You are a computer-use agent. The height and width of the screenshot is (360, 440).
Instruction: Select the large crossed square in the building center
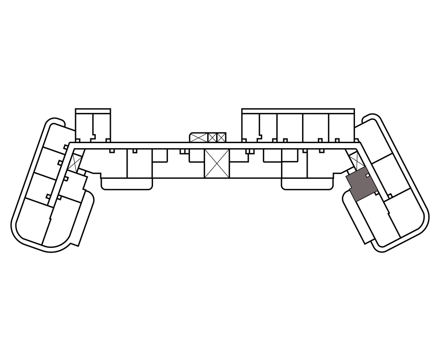[x=217, y=164]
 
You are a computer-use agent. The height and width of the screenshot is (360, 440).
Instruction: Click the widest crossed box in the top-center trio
[x=198, y=137]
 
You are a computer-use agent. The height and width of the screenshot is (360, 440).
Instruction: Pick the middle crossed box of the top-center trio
[x=212, y=137]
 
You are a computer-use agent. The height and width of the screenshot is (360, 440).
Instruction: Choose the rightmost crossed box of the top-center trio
[x=221, y=137]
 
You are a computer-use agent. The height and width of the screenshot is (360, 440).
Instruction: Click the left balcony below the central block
[x=127, y=184]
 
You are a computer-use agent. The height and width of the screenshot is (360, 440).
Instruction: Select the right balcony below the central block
[x=307, y=184]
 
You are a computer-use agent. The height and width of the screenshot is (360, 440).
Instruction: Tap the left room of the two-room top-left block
[x=84, y=125]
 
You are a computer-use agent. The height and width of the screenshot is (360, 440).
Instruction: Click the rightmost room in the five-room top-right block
[x=341, y=126]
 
